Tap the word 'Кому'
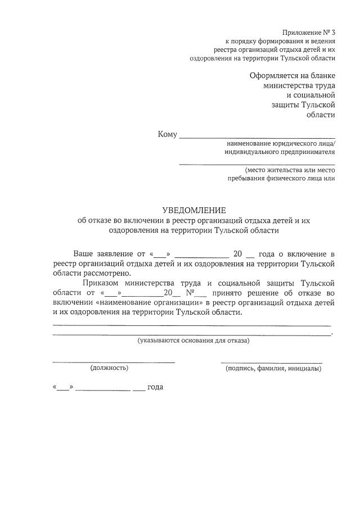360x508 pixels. [x=168, y=134]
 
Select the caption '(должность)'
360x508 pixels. [x=109, y=368]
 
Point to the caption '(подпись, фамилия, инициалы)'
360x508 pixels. [x=273, y=369]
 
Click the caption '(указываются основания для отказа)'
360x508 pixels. [x=193, y=341]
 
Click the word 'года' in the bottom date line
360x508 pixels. [x=155, y=388]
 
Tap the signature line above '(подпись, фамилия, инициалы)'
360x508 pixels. [x=272, y=362]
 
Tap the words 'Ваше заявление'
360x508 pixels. [x=105, y=253]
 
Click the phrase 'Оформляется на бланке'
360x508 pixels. [x=292, y=76]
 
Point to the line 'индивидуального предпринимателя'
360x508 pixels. [x=280, y=152]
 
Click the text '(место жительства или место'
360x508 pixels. [x=290, y=170]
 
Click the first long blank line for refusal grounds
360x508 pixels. [x=191, y=325]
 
